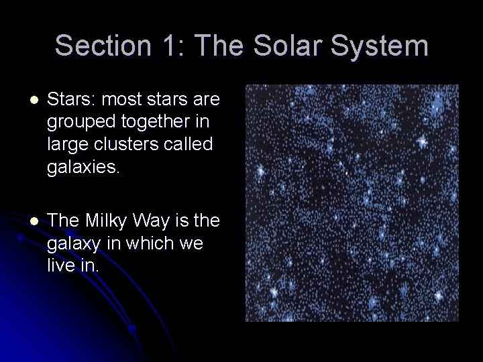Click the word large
click(x=64, y=144)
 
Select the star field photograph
click(x=352, y=202)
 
